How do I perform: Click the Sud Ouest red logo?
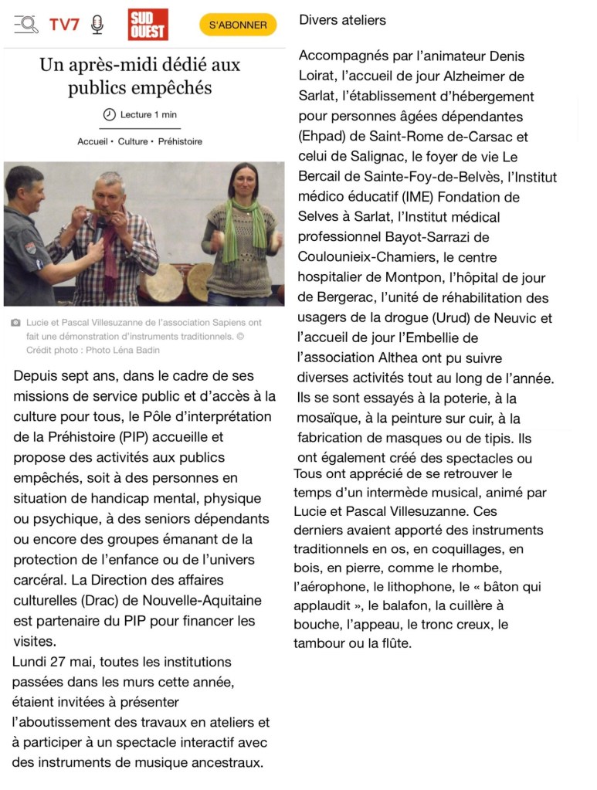(x=148, y=25)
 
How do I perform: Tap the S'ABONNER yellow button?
(x=238, y=25)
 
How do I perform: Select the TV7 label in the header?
(x=64, y=25)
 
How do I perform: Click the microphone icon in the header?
(x=97, y=25)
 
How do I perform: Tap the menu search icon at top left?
(x=26, y=25)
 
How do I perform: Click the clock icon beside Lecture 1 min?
(x=109, y=114)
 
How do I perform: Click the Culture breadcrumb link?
(x=133, y=142)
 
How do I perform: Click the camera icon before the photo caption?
(x=15, y=323)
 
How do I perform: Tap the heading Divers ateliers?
(x=342, y=20)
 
